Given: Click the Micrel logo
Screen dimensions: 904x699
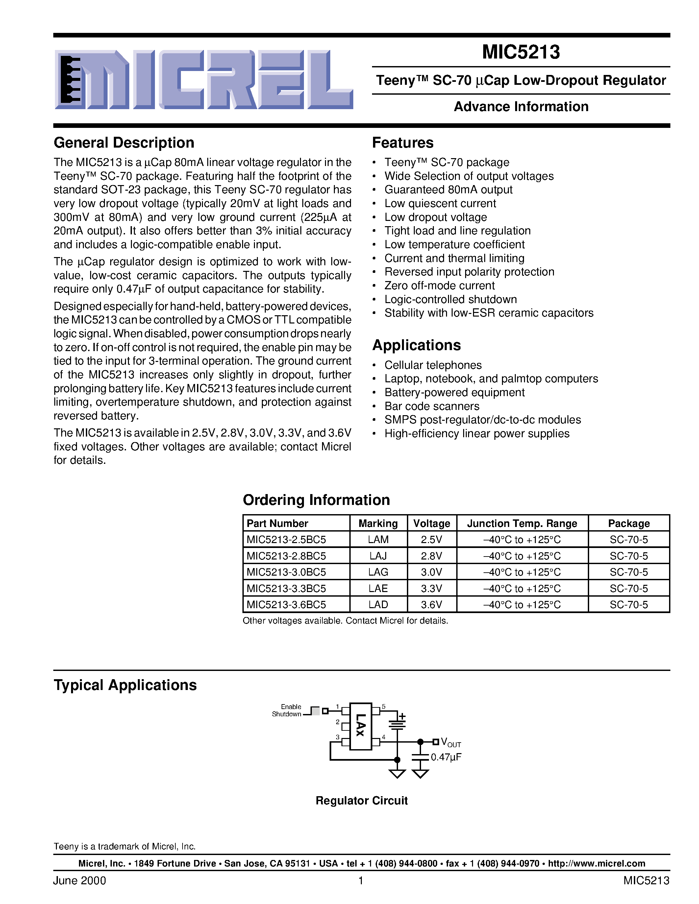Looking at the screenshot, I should [x=204, y=80].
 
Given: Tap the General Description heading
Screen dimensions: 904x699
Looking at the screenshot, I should [x=124, y=143].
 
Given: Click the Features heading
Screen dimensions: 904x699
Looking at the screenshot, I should [x=403, y=143].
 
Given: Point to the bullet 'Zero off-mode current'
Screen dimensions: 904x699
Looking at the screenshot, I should [x=439, y=286].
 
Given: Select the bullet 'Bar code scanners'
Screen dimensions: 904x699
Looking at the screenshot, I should [x=432, y=406].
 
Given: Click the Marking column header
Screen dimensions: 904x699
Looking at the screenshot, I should [x=378, y=524].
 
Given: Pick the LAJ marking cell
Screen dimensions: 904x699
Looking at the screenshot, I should [x=378, y=556].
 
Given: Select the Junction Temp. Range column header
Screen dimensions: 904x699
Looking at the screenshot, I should [x=522, y=524].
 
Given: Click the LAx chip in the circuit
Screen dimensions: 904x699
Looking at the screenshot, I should [x=360, y=726].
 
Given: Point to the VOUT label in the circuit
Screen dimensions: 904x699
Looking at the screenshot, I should [x=451, y=742].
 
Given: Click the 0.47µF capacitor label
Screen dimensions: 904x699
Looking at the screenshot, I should [x=446, y=757].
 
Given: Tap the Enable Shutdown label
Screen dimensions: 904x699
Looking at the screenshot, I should [x=287, y=710].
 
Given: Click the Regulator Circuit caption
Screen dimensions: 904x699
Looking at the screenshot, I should [x=361, y=800].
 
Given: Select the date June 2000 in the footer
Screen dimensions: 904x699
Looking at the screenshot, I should [x=80, y=880].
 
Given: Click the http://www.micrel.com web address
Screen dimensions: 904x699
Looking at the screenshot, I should [x=596, y=864].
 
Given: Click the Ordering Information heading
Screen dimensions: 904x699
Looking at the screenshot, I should [x=316, y=500].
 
